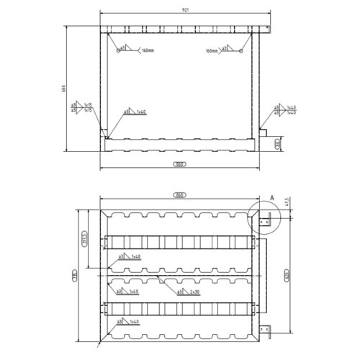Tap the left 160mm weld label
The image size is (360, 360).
point(148,52)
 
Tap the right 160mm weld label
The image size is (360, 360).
point(212,52)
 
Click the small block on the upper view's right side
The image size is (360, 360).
point(264,133)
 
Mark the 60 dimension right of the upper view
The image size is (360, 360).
point(278,145)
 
